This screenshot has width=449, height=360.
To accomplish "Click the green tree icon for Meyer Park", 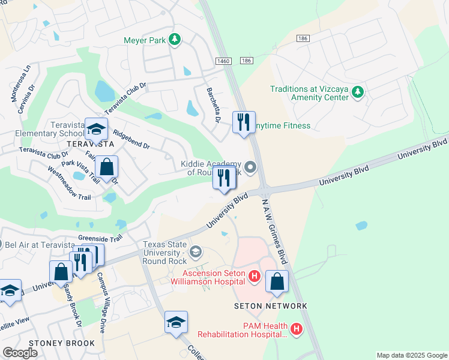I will (x=175, y=40).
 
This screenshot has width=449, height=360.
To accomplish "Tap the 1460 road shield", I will (x=223, y=61).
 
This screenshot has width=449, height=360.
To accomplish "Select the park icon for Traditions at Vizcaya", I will (x=358, y=92).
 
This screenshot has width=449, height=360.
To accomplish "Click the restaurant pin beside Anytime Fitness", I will (x=244, y=122).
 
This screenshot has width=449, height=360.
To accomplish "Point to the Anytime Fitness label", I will (x=281, y=126).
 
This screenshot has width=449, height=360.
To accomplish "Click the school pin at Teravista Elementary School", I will (x=96, y=130).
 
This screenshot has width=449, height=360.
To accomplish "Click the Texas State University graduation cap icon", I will (x=195, y=252).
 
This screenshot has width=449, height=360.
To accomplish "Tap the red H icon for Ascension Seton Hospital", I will (x=255, y=277).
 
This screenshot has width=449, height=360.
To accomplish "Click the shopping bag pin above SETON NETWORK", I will (x=277, y=281).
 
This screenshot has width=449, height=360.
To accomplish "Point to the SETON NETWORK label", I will (x=270, y=306).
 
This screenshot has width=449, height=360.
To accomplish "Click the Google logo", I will (x=20, y=353).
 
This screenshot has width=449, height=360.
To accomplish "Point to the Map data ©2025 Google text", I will (x=411, y=355).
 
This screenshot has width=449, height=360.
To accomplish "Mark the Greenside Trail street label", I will (x=100, y=238).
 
